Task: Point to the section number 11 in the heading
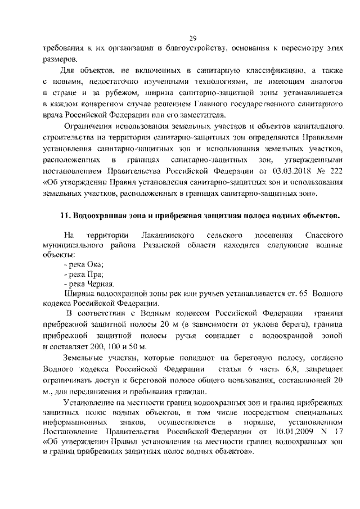(x=64, y=215)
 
